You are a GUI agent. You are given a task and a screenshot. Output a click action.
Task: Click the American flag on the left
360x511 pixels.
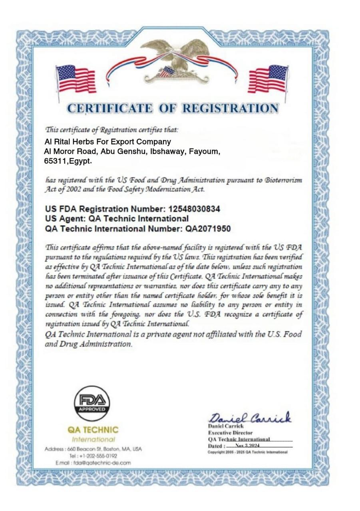tap(76, 79)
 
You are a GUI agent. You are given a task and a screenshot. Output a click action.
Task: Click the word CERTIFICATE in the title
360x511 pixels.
tap(109, 108)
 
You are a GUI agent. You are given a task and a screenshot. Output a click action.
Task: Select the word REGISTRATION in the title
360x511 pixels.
tap(231, 108)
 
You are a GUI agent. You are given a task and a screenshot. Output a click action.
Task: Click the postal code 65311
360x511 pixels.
tap(54, 162)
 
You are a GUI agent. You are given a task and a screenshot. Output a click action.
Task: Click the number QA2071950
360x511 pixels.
tap(208, 229)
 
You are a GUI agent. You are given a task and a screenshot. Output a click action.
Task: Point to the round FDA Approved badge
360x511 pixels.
tap(92, 403)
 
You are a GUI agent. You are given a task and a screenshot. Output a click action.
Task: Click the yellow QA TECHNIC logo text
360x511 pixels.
tap(93, 430)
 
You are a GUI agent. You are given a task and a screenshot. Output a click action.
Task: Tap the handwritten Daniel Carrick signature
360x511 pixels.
tap(250, 418)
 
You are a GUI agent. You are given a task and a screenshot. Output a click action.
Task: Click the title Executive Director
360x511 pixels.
tap(230, 433)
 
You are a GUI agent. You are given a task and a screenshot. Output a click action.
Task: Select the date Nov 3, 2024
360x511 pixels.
tap(248, 445)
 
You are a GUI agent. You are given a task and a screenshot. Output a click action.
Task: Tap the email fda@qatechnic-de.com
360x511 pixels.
tap(99, 463)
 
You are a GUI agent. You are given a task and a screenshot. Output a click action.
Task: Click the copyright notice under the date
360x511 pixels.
tap(247, 452)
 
